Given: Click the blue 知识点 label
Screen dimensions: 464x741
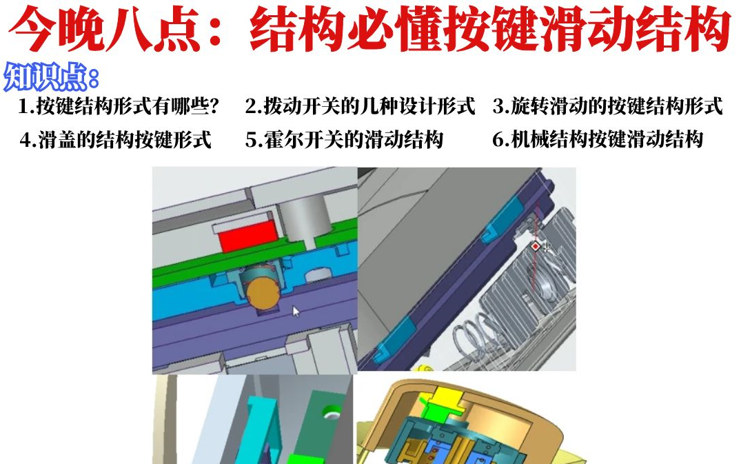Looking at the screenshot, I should (52, 77).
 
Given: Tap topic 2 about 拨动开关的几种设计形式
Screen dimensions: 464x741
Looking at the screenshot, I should (360, 107).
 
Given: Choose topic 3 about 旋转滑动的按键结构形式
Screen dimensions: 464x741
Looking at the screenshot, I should (607, 107).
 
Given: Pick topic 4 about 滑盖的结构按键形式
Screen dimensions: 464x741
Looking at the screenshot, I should (115, 140).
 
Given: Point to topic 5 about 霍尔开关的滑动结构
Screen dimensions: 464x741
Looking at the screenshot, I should (344, 140).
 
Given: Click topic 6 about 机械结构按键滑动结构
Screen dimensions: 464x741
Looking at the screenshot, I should (598, 140).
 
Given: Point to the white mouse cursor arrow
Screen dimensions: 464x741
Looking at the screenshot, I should (296, 312).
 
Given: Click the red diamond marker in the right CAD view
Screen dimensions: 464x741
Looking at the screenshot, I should (536, 245).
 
